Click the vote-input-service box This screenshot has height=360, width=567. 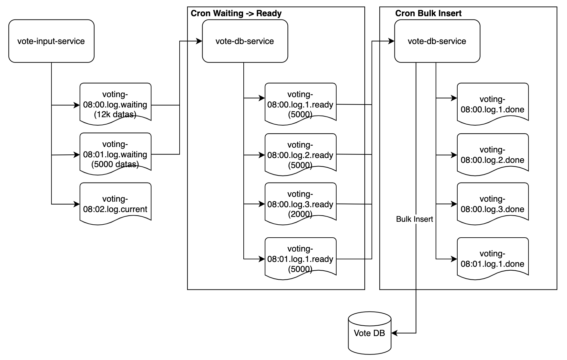tap(51, 41)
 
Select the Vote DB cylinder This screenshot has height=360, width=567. tap(370, 333)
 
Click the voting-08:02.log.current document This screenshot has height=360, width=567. tap(116, 204)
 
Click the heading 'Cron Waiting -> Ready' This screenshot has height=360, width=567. tap(236, 13)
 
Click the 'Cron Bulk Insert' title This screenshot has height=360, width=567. tap(428, 13)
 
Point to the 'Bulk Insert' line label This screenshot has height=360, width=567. tap(414, 219)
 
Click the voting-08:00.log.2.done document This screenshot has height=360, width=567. tap(492, 155)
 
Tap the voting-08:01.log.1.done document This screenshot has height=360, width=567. tap(492, 259)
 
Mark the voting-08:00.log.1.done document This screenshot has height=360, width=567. tap(492, 104)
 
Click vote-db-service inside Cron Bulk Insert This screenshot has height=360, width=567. tap(437, 41)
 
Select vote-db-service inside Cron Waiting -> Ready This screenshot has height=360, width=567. tap(245, 41)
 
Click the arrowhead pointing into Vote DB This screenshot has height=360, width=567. tap(394, 333)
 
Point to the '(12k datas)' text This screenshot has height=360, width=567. tap(115, 114)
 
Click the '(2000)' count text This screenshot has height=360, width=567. tap(300, 214)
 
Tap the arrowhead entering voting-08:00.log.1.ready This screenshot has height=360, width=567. tap(262, 98)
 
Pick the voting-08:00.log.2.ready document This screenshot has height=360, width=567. tap(300, 155)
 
